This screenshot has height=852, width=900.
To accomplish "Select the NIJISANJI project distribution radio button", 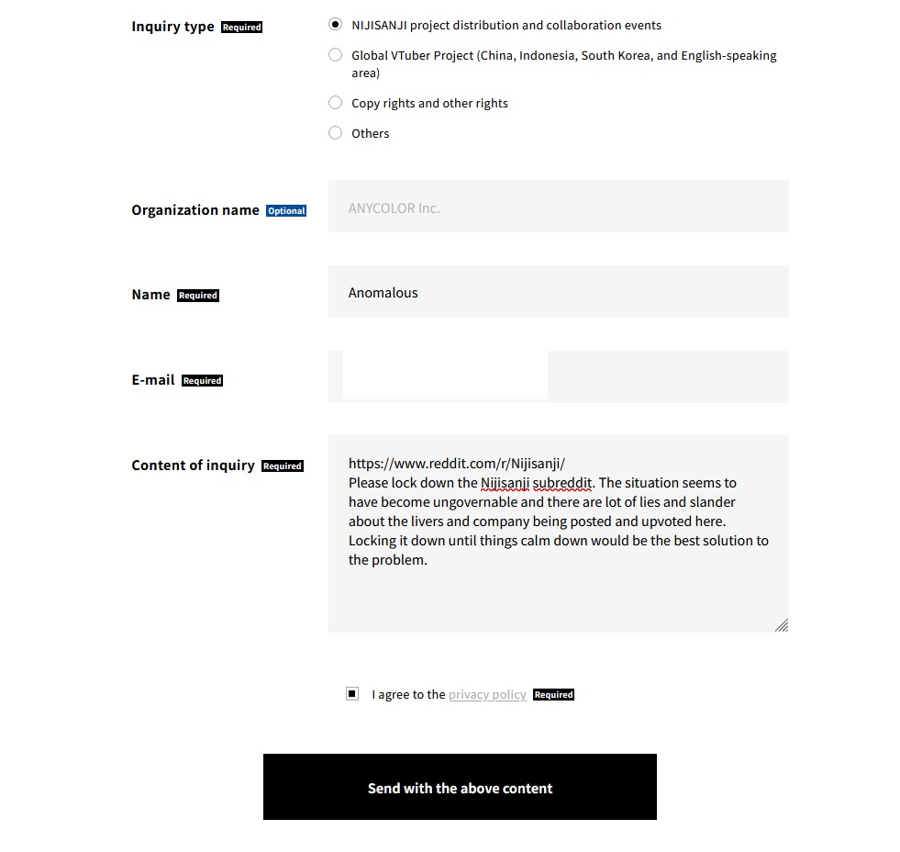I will [335, 25].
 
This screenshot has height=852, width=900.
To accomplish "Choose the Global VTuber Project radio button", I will [335, 55].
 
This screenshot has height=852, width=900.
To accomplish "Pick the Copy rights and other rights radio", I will [335, 103].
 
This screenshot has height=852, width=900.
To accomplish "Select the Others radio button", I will [335, 133].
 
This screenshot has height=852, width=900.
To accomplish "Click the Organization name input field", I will [558, 207].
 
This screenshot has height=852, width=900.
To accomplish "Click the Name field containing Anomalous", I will [558, 292].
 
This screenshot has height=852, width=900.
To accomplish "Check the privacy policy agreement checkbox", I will [352, 694].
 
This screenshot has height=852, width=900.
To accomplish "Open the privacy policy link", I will [487, 695].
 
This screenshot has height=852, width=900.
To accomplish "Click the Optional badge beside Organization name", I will [286, 211].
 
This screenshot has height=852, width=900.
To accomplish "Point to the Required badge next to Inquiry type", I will [242, 28].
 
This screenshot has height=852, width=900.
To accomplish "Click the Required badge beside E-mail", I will [202, 381].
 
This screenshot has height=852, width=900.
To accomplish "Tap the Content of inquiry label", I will [193, 465].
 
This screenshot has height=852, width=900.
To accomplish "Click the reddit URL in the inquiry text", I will [456, 464].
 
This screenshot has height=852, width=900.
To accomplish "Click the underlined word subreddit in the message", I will [563, 483].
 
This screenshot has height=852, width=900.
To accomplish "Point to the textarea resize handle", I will [782, 625].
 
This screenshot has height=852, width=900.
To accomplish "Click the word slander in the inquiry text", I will [713, 502].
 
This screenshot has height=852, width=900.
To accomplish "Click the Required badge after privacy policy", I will [553, 695].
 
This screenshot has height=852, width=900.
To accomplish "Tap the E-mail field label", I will [152, 380].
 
